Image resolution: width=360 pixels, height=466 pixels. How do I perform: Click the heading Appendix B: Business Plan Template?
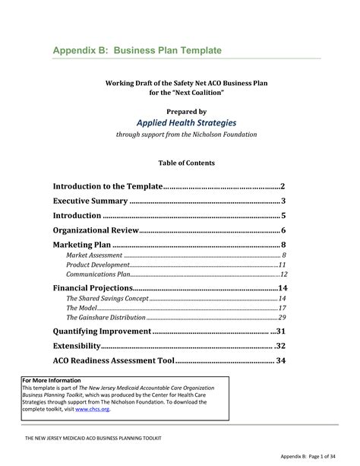pyautogui.click(x=137, y=50)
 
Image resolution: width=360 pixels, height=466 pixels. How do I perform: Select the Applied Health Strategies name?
pyautogui.click(x=186, y=122)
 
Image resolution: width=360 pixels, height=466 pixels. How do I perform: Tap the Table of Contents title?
pyautogui.click(x=186, y=163)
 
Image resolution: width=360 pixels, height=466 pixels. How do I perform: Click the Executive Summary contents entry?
pyautogui.click(x=89, y=201)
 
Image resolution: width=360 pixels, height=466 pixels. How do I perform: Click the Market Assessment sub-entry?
pyautogui.click(x=95, y=255)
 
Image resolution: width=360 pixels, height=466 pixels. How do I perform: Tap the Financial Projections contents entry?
pyautogui.click(x=93, y=289)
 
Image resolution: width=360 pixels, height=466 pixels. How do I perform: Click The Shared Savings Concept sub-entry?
pyautogui.click(x=108, y=300)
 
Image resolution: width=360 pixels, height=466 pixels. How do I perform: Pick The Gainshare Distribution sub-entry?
pyautogui.click(x=106, y=317)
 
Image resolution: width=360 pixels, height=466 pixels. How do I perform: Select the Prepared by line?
pyautogui.click(x=186, y=109)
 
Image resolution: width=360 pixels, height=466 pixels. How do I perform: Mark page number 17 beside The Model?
pyautogui.click(x=281, y=308)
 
